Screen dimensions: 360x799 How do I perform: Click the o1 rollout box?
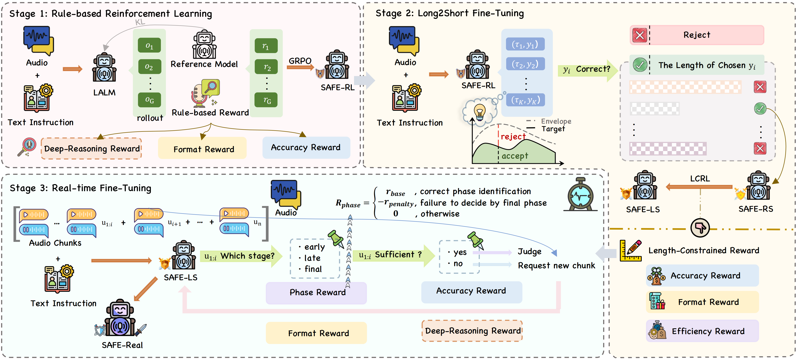(x=150, y=45)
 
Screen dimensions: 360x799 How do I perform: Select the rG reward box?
(x=266, y=100)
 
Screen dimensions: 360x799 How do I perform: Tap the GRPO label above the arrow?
(x=300, y=61)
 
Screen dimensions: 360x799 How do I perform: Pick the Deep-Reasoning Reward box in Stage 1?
(x=91, y=149)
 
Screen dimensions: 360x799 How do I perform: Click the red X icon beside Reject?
(x=640, y=35)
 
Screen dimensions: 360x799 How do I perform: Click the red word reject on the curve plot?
(x=513, y=137)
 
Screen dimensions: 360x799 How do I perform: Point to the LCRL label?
(x=700, y=179)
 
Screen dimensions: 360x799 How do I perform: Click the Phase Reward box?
(x=316, y=292)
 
